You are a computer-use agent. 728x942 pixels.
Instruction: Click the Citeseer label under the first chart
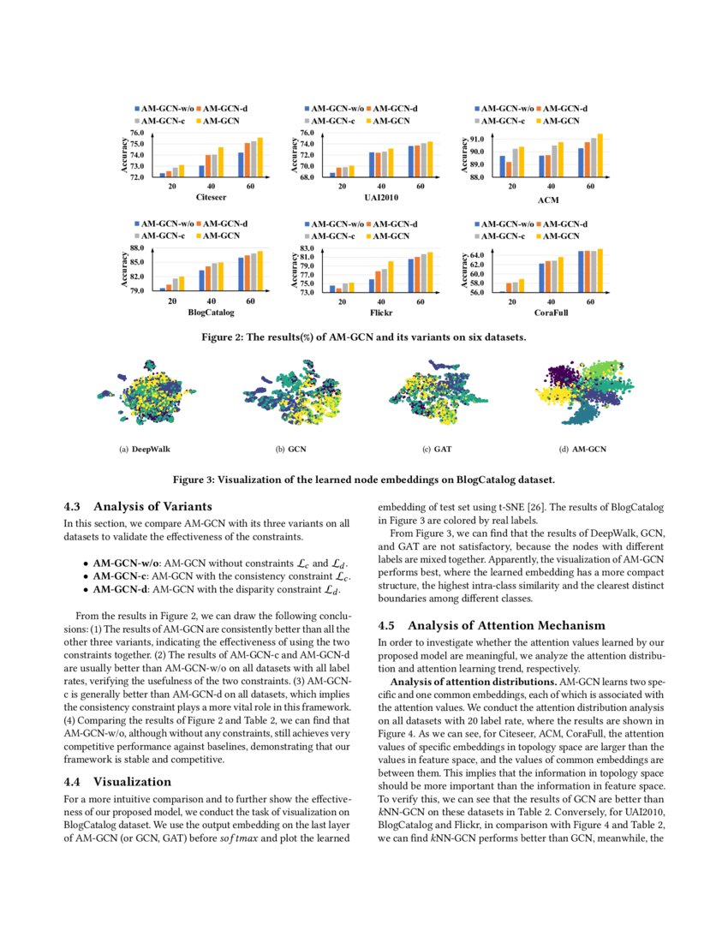pos(211,197)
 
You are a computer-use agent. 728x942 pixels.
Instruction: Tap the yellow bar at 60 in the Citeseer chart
pos(260,158)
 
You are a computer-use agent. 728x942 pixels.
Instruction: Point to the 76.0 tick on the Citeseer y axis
pos(136,134)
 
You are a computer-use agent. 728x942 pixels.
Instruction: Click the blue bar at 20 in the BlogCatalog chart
pos(162,289)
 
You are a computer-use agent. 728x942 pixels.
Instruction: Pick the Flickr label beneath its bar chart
pos(381,313)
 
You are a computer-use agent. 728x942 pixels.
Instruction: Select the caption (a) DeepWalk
pos(152,449)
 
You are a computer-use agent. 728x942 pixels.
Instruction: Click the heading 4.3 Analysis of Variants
pos(138,505)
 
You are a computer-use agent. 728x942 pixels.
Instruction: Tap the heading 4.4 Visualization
pos(118,781)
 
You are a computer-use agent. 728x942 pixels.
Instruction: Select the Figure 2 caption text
pos(363,337)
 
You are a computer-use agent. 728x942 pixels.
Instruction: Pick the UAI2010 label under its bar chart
pos(381,197)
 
